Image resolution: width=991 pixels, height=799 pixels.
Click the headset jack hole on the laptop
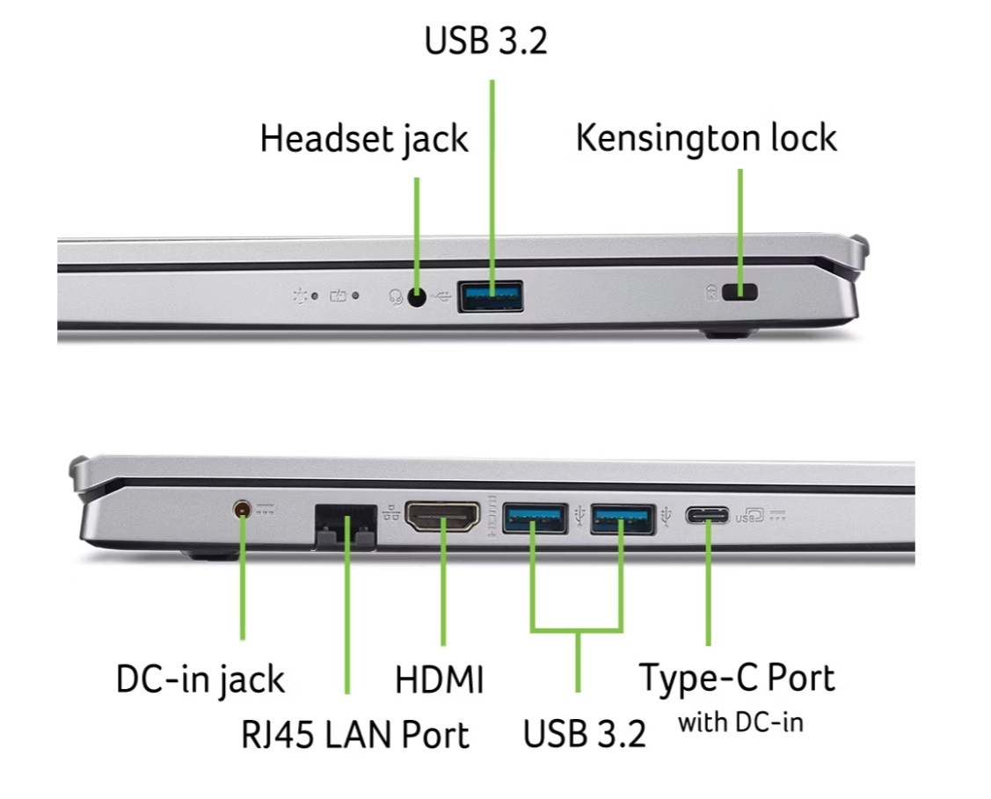(x=417, y=296)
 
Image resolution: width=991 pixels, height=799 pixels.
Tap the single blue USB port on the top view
(x=491, y=296)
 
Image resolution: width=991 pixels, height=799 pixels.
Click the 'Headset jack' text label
(x=364, y=140)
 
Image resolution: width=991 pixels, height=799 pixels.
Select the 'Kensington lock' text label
(x=706, y=138)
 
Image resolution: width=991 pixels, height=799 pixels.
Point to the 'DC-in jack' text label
(x=200, y=679)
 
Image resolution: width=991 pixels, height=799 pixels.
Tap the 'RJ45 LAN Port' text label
(x=355, y=734)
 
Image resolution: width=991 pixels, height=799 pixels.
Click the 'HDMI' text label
(x=440, y=679)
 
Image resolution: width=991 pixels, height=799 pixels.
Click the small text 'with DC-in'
(x=740, y=723)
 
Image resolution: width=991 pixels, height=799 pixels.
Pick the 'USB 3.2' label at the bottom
(x=584, y=734)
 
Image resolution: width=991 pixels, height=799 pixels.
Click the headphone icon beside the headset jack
(x=396, y=296)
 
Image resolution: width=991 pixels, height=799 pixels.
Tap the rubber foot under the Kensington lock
(x=731, y=333)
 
